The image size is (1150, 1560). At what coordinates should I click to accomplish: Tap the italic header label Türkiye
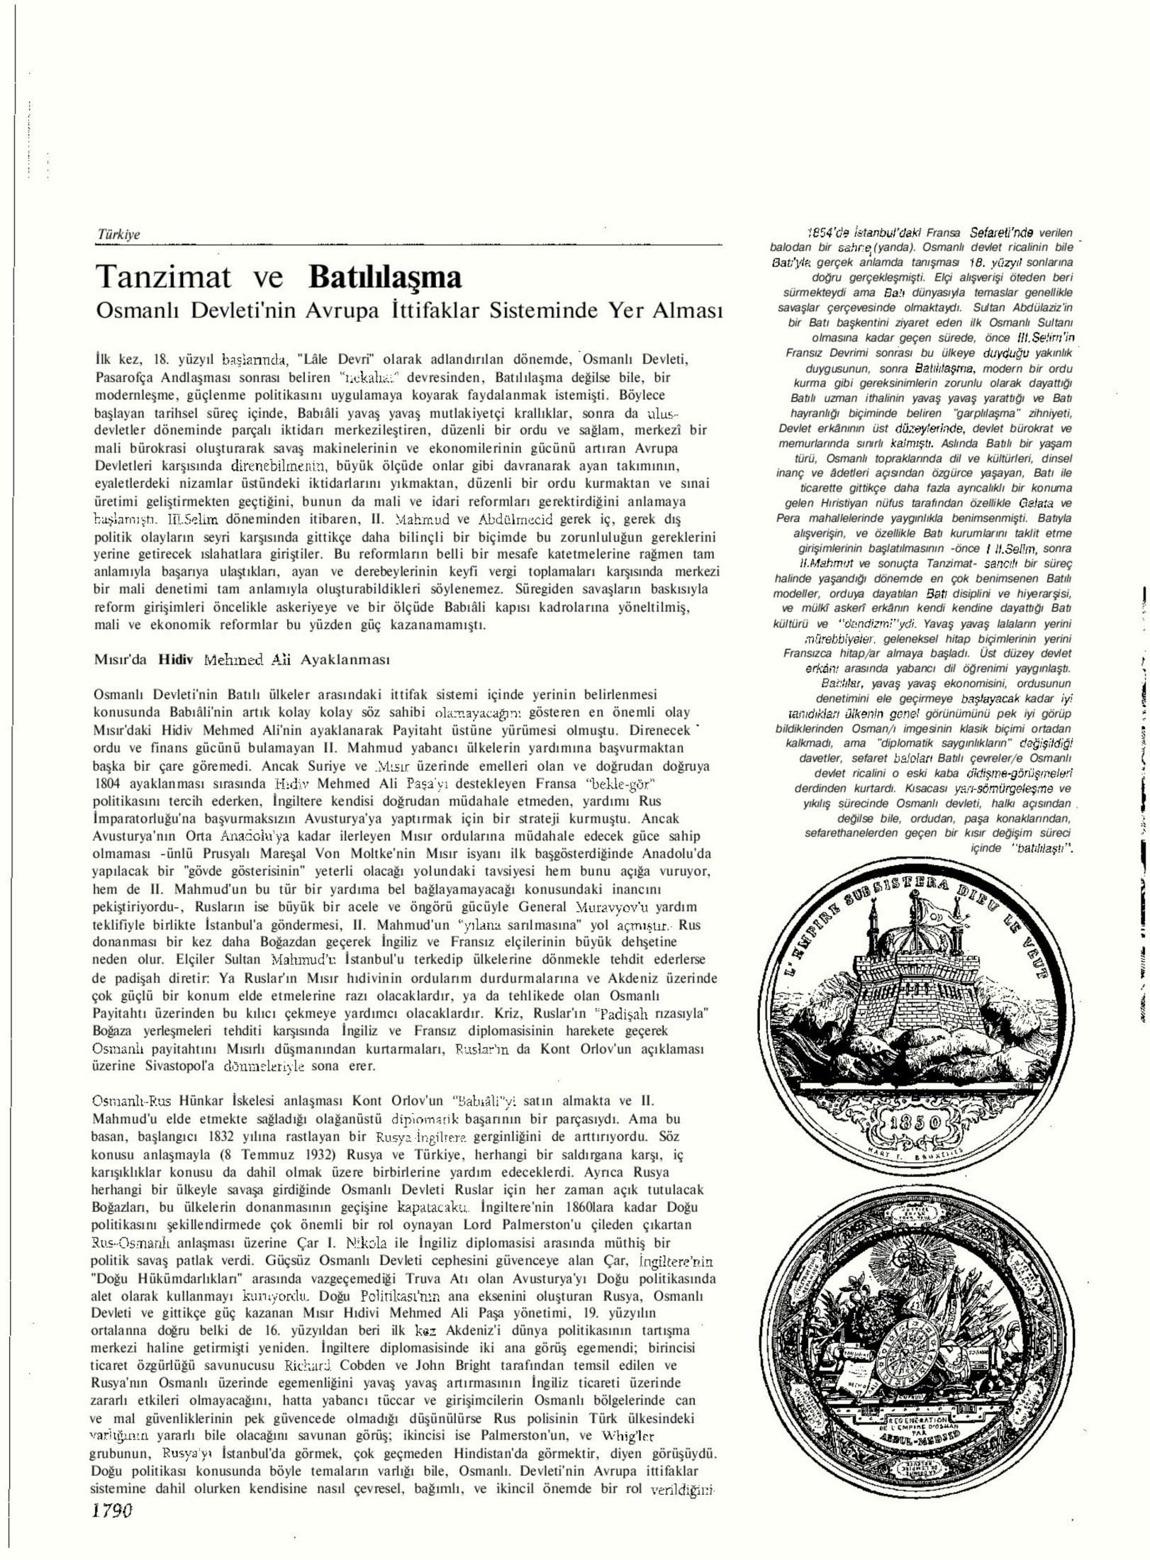(118, 235)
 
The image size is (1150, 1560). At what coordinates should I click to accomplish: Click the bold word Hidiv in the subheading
(171, 659)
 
